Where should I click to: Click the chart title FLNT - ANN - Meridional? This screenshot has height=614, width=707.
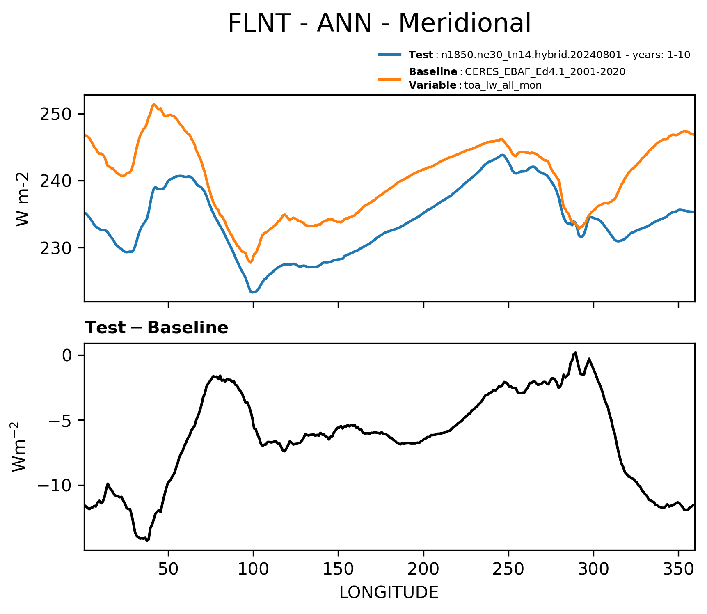[x=379, y=23]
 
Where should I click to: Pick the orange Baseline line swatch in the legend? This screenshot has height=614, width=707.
[x=390, y=79]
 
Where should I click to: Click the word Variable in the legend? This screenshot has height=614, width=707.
[x=432, y=85]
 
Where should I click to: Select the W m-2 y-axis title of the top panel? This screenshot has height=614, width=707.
[x=23, y=199]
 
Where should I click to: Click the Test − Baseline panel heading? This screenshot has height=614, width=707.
[x=156, y=328]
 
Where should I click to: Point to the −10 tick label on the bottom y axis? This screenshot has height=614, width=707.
[x=56, y=486]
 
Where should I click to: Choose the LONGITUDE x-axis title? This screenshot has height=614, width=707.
[x=389, y=593]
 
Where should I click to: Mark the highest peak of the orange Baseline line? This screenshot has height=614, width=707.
[x=153, y=104]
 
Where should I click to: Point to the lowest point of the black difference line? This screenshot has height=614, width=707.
[x=146, y=541]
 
